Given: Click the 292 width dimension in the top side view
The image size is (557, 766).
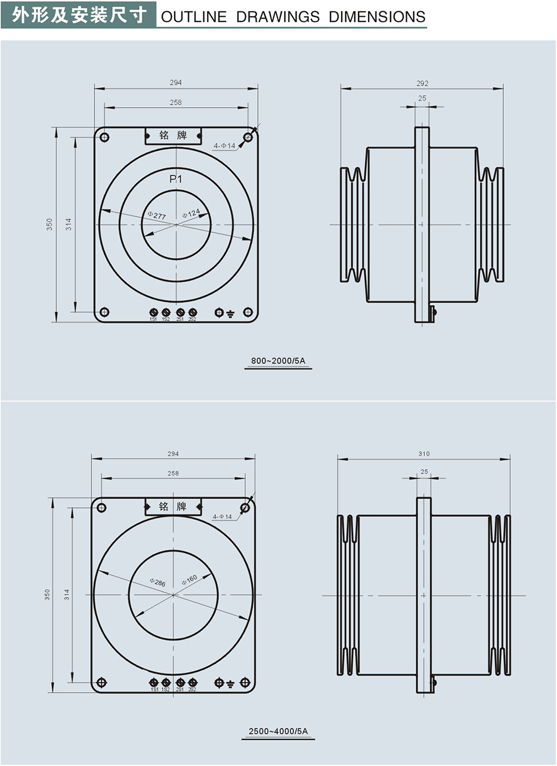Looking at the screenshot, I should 422,83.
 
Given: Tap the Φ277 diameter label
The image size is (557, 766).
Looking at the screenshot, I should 156,216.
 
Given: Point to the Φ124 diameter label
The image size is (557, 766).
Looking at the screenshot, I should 191,214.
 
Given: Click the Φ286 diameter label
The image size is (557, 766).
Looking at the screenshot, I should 158,583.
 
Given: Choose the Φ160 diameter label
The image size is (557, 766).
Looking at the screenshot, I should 189,580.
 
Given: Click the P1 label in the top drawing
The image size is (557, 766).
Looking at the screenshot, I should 176,180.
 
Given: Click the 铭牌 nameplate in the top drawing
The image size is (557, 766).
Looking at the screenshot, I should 173,136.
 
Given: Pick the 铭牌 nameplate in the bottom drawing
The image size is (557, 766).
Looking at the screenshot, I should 173,506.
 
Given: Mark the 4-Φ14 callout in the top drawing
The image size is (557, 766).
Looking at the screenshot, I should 223,146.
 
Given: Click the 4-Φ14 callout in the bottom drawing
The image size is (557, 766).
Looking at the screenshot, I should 222,517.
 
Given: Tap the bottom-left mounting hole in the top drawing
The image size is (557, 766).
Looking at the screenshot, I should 105,312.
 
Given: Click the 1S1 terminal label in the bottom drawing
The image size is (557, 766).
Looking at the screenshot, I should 153,690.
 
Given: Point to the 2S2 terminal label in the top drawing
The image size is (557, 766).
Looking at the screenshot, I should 192,319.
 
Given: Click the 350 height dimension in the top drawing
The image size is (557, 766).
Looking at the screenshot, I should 49,224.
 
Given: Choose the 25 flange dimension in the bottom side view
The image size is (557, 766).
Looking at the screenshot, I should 424,472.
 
